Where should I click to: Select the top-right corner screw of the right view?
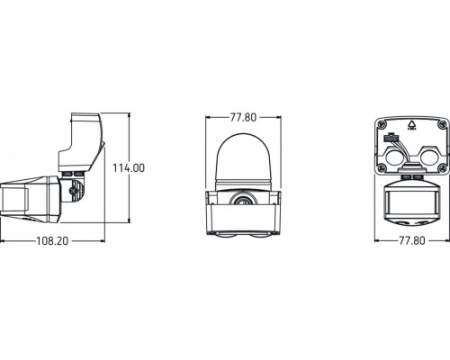444,125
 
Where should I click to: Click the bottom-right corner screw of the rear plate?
444,170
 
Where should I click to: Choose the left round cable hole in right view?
399,159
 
